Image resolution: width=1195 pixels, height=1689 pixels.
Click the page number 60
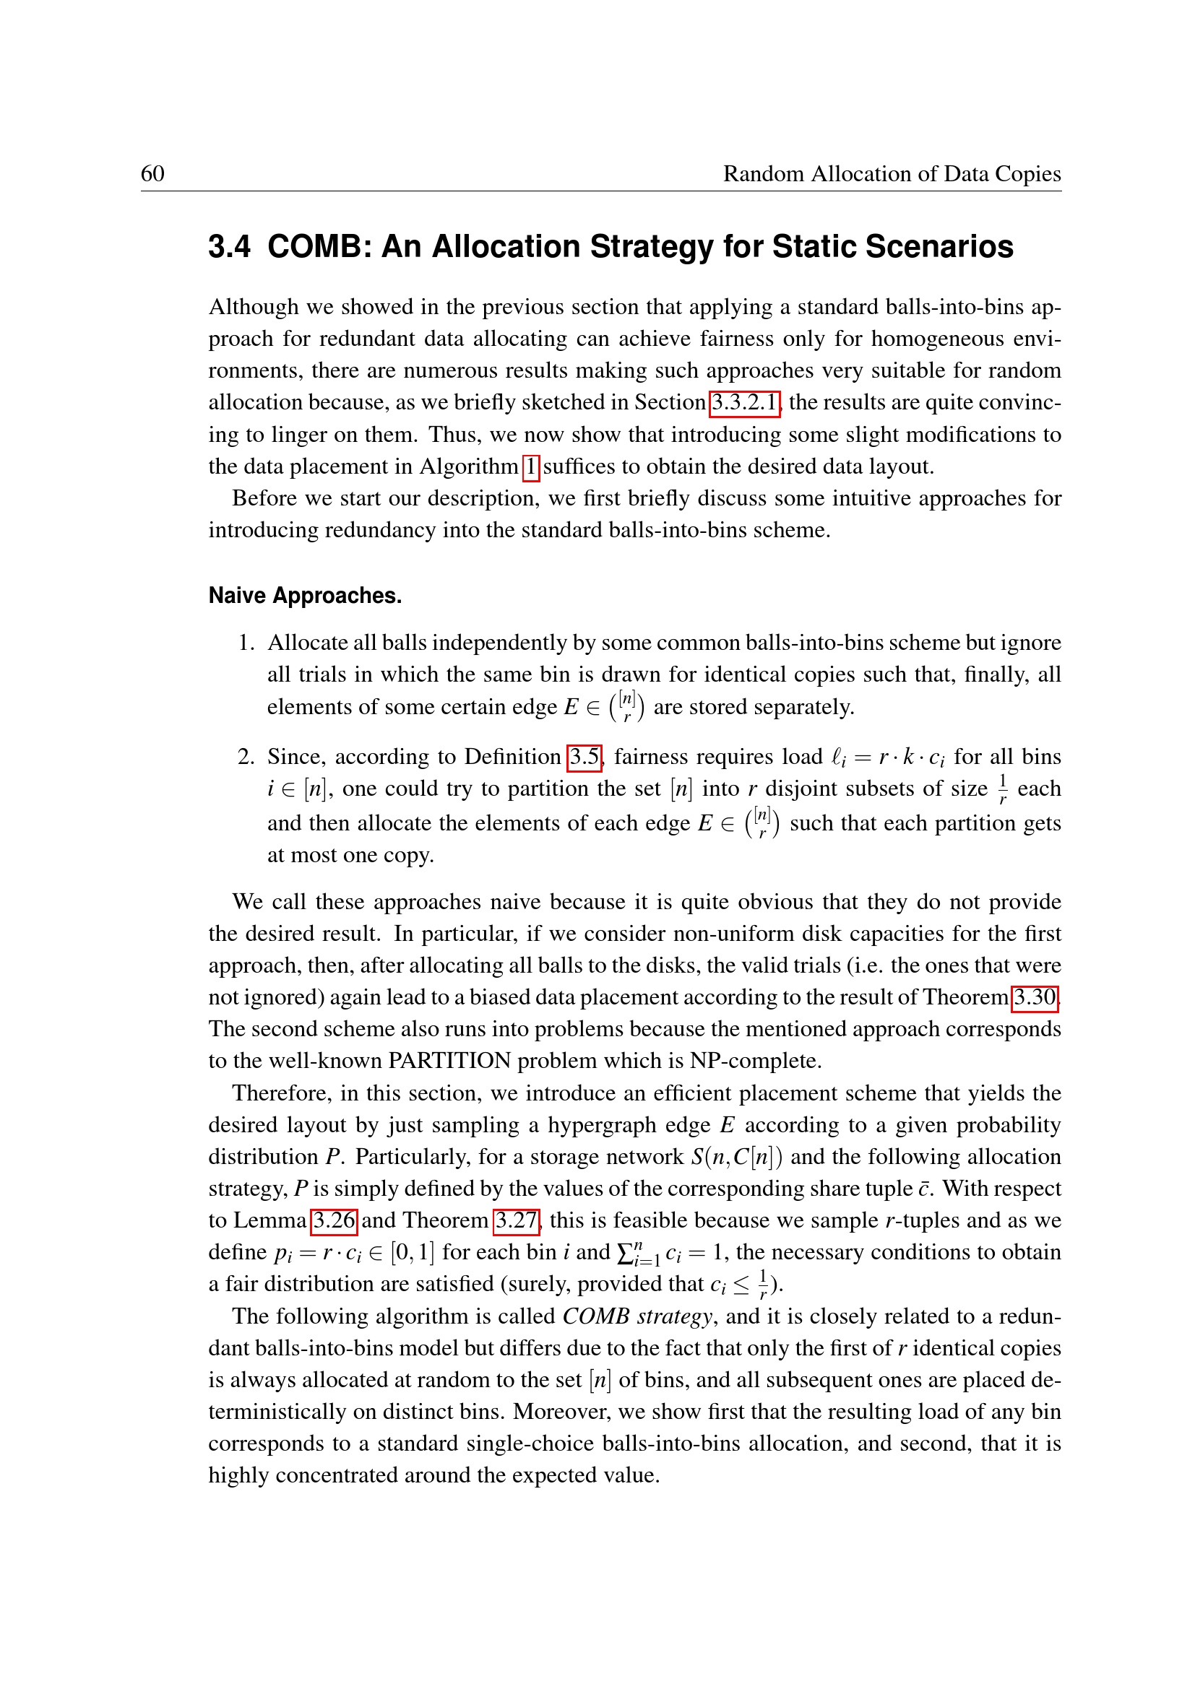click(x=152, y=173)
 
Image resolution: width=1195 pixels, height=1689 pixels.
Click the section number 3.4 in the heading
click(x=229, y=246)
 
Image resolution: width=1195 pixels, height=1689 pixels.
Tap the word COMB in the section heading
click(x=317, y=246)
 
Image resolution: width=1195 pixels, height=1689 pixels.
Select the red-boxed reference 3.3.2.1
click(x=744, y=402)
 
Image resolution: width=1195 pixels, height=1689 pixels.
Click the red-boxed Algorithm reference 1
click(x=530, y=466)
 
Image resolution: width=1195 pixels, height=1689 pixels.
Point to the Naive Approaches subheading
click(x=305, y=595)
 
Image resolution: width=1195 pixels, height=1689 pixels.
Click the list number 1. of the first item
click(x=246, y=642)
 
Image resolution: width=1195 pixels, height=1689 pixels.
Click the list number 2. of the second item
click(x=246, y=756)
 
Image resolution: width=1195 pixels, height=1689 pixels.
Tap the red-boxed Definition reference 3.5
click(x=584, y=756)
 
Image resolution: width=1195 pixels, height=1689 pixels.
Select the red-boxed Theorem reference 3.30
click(x=1035, y=997)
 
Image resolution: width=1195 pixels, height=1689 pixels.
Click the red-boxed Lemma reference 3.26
click(x=334, y=1220)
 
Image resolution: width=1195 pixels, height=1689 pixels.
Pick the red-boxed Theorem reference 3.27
click(x=516, y=1220)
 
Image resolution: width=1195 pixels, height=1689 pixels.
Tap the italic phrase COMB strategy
click(x=637, y=1316)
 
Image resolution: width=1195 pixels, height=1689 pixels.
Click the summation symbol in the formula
click(x=626, y=1253)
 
